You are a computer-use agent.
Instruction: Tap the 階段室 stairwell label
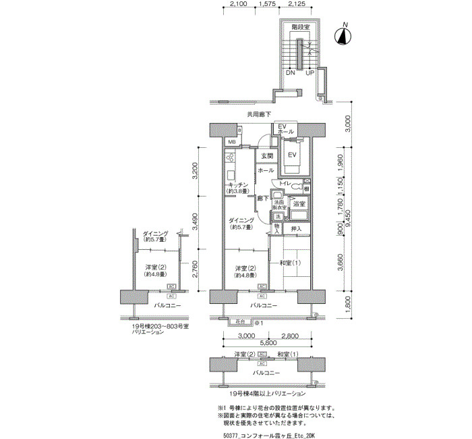(301, 27)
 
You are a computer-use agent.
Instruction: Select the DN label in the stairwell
(290, 73)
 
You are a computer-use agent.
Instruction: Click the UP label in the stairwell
(310, 73)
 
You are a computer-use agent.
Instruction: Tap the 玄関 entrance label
(268, 157)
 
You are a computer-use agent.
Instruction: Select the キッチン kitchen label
(239, 185)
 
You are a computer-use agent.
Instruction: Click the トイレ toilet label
(285, 183)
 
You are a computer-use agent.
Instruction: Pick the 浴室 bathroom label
(299, 203)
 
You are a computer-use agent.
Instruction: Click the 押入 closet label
(296, 230)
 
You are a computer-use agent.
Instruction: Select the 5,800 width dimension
(265, 344)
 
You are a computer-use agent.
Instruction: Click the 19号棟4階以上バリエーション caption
(268, 392)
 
